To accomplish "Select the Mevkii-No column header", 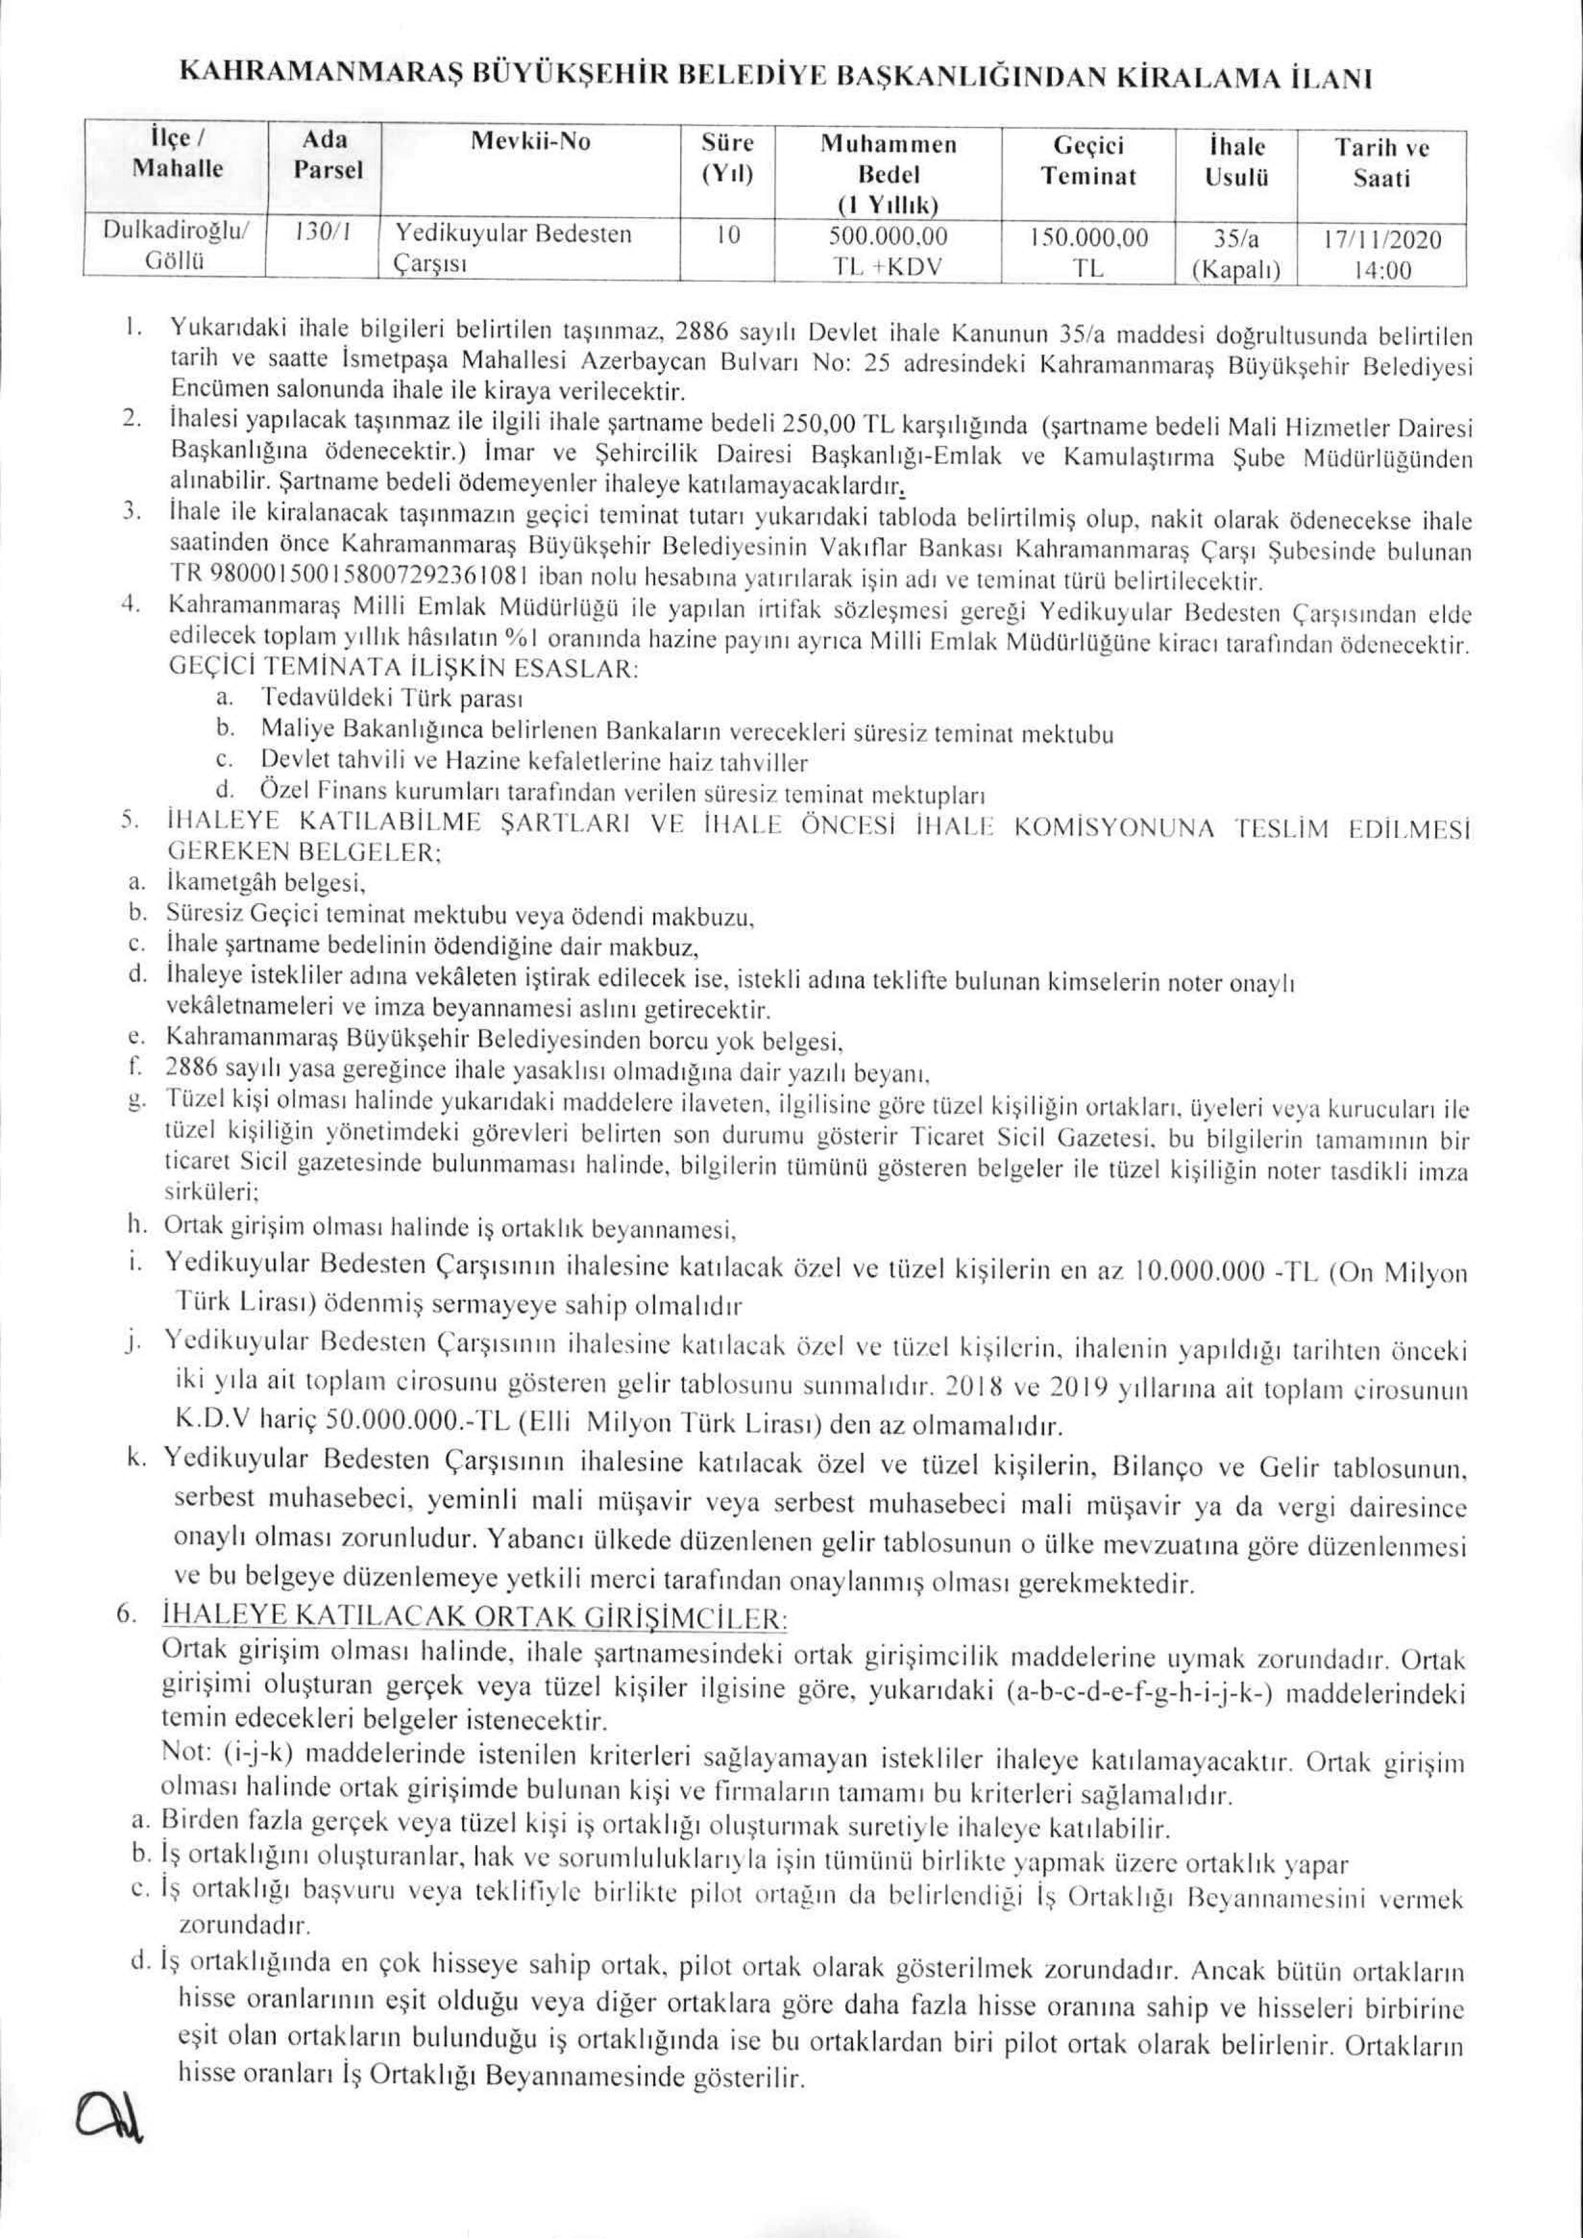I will coord(530,142).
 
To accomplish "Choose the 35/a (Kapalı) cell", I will coord(1236,254).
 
